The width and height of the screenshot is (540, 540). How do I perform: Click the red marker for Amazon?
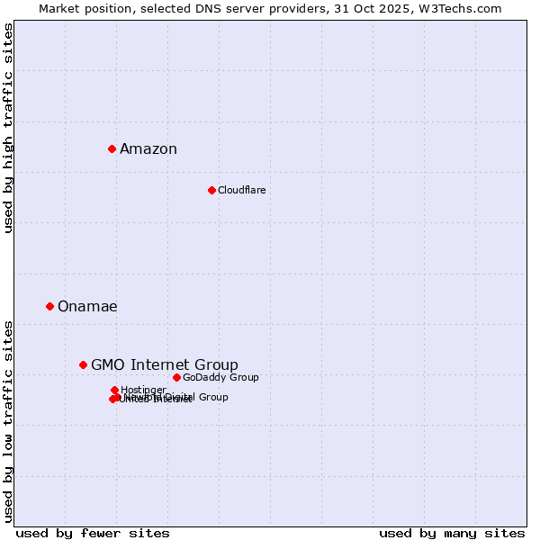112,148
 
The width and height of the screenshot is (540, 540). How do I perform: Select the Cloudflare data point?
211,190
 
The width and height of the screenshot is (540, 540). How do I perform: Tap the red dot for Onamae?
49,306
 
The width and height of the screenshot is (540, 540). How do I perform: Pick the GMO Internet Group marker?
83,364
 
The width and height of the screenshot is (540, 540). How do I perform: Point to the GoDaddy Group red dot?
176,377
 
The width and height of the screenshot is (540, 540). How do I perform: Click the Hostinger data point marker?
114,390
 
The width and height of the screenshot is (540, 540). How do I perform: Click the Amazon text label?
148,149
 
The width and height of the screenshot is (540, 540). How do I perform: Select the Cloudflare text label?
241,190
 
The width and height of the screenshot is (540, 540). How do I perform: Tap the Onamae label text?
87,307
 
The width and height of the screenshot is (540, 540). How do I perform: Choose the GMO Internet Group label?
165,364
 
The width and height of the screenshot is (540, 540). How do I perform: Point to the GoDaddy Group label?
220,377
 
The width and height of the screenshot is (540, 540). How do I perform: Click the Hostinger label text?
143,390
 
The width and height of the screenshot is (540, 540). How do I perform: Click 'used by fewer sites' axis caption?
93,533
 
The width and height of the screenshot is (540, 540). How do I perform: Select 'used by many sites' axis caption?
452,533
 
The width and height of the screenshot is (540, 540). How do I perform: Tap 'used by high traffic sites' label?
9,128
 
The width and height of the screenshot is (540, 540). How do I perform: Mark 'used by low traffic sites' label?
9,420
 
